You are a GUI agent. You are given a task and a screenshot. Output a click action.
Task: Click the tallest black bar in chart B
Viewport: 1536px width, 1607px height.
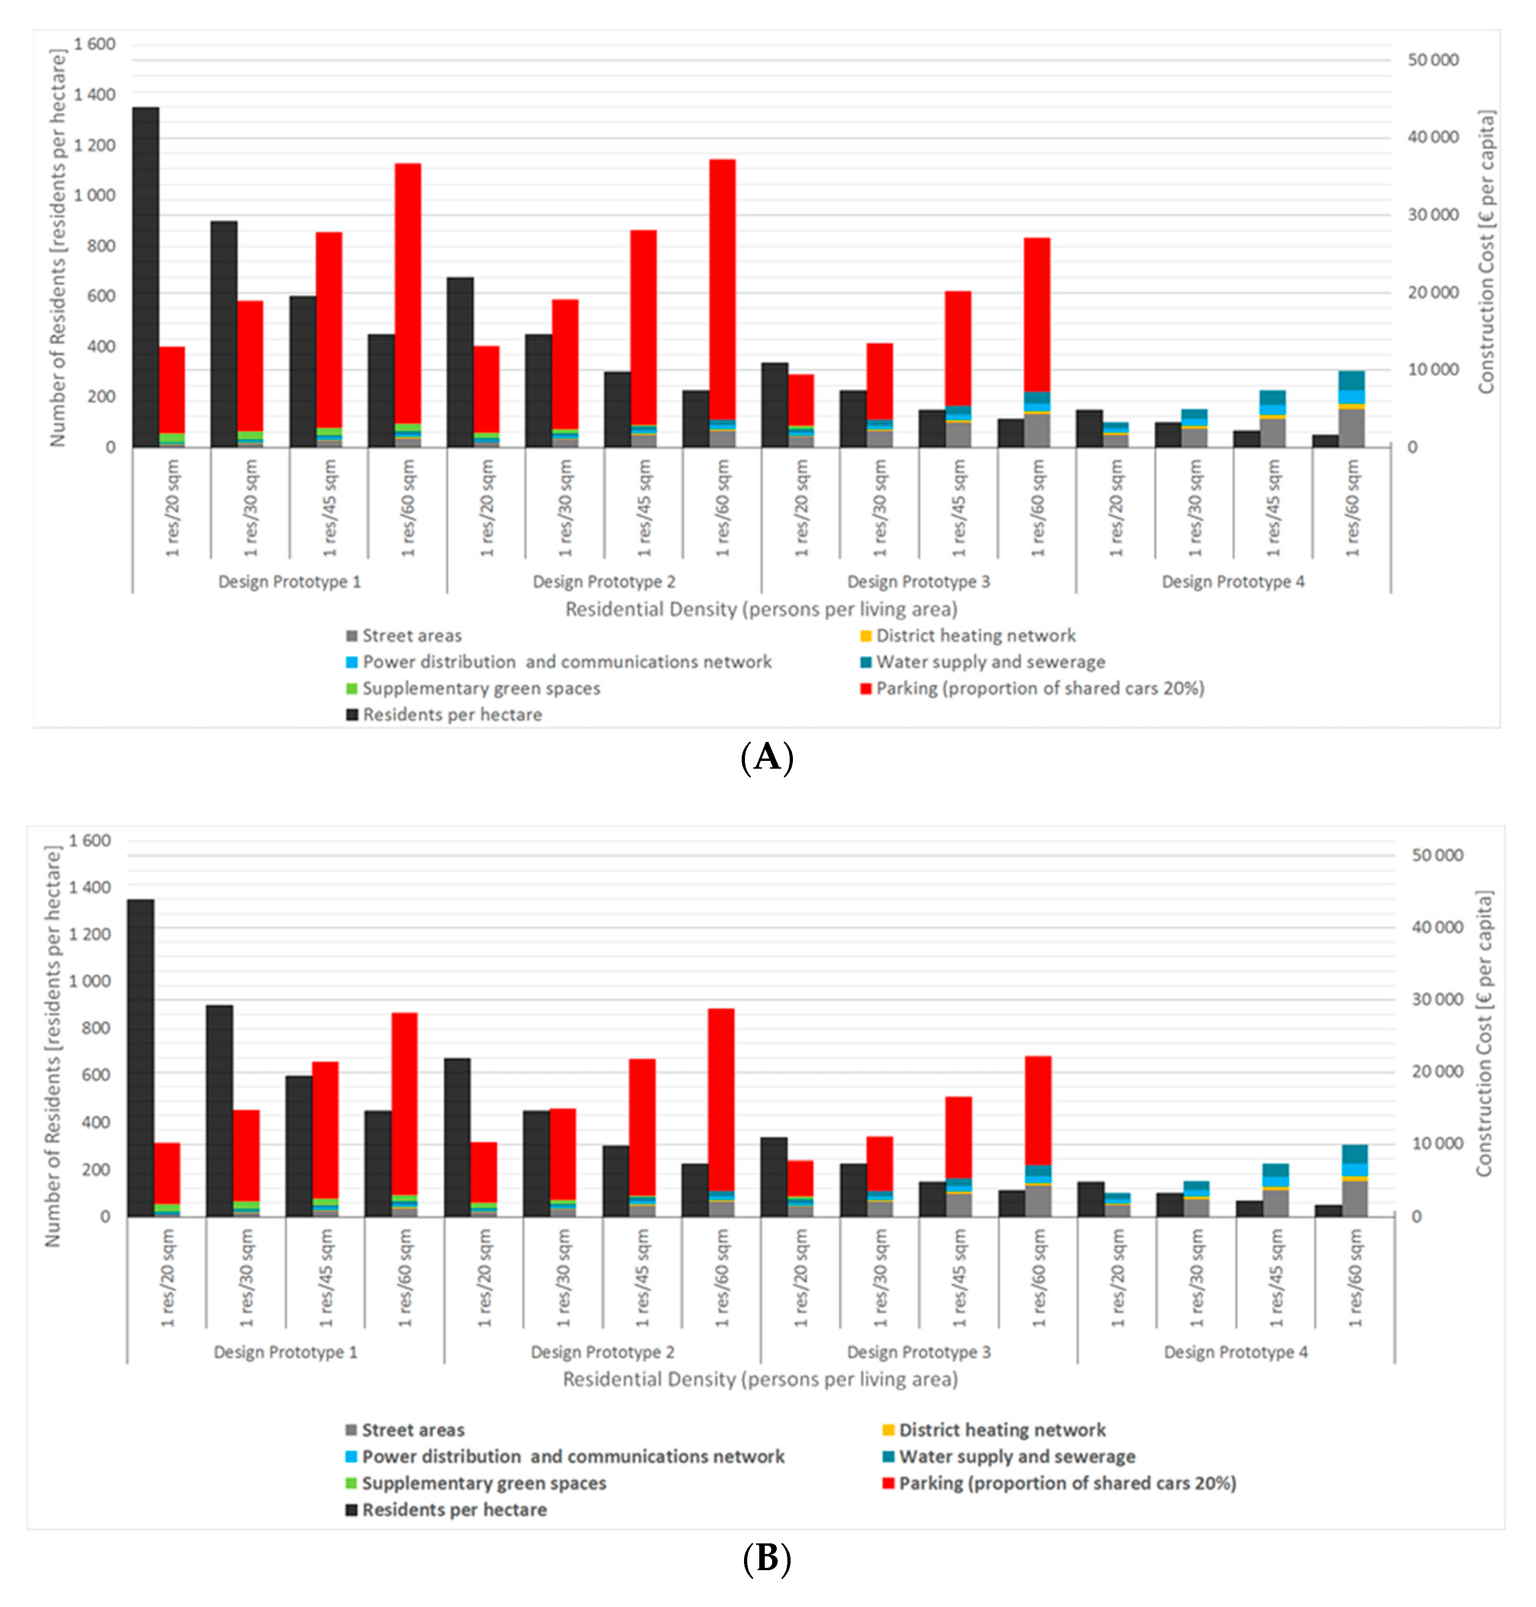[141, 1057]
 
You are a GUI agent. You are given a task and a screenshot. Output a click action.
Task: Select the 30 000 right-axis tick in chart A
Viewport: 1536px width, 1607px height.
[1433, 214]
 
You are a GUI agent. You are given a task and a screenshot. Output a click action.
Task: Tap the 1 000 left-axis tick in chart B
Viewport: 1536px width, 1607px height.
[90, 981]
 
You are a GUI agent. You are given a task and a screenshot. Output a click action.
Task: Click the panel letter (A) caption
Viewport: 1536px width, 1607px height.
[766, 757]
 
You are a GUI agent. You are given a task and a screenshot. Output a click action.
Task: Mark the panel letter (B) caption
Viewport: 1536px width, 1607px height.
[766, 1558]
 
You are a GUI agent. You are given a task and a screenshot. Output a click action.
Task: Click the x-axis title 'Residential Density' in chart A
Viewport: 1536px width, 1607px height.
[761, 609]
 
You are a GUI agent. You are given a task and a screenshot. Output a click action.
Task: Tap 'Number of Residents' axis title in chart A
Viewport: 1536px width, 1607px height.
[57, 247]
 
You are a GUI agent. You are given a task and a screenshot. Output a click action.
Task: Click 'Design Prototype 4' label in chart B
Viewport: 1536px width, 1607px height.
[1235, 1352]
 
